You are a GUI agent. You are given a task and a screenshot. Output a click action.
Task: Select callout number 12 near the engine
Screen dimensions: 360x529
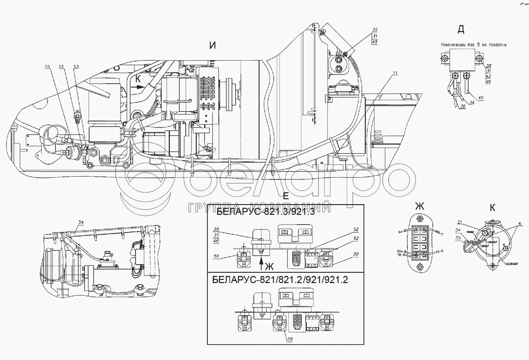click(x=61, y=67)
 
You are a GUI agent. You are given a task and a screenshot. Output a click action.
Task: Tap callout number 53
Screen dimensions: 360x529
click(x=76, y=67)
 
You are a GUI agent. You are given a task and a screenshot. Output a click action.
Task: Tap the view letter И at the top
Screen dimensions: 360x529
click(x=213, y=46)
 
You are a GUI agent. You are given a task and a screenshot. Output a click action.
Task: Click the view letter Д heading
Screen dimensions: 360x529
click(x=461, y=30)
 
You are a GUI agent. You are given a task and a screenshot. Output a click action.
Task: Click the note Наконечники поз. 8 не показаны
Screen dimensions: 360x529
click(x=473, y=45)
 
